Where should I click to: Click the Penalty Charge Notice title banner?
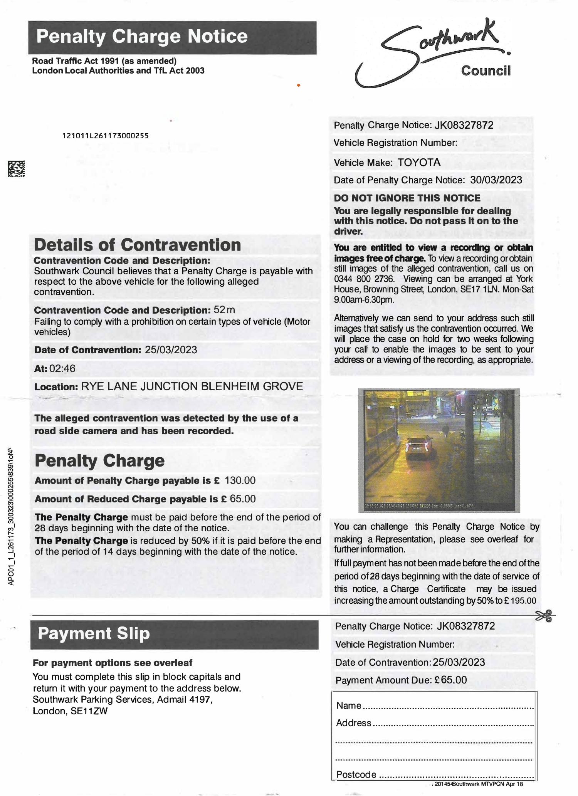tap(172, 37)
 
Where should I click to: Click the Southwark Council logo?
tap(435, 54)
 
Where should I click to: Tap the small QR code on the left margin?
tap(17, 169)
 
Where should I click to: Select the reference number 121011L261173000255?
tap(105, 136)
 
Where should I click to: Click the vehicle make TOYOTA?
tap(419, 163)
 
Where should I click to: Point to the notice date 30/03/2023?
tap(496, 180)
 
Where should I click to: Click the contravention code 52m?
tap(224, 310)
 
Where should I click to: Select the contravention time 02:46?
tap(62, 369)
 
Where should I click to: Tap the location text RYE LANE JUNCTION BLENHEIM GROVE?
tap(192, 386)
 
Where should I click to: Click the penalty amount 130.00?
tap(240, 480)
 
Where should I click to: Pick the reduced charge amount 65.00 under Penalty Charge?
tap(243, 499)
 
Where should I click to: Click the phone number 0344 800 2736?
tap(364, 279)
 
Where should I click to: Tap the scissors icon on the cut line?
tap(544, 616)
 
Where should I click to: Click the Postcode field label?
tap(356, 774)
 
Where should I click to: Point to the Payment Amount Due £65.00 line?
tap(401, 680)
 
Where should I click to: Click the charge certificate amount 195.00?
tap(523, 601)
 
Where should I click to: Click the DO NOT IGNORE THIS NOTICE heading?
tap(407, 198)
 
